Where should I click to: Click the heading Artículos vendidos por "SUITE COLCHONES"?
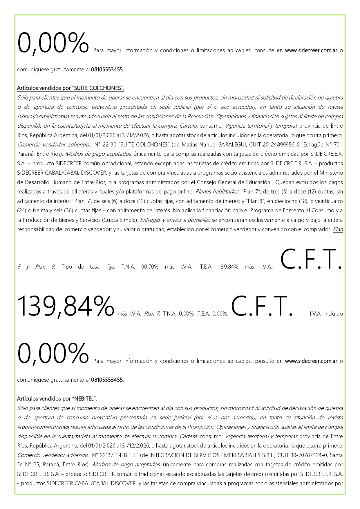tap(70, 88)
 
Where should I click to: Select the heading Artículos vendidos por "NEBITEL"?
tap(57, 399)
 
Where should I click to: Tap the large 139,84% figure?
tap(66, 306)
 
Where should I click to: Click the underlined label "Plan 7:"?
tap(152, 314)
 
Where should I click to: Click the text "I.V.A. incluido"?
tap(326, 314)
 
